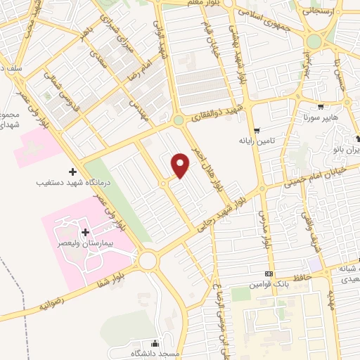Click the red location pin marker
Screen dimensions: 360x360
[x=181, y=165]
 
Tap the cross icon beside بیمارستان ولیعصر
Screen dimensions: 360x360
[x=85, y=232]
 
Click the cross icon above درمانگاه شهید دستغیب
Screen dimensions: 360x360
[x=73, y=172]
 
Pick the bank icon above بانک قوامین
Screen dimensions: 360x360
[x=269, y=274]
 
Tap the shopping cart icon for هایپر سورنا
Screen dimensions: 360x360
[x=321, y=108]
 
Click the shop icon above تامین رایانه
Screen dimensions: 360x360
[x=257, y=130]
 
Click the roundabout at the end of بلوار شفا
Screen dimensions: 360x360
[x=148, y=262]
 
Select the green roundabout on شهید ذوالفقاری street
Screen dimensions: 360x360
[x=179, y=120]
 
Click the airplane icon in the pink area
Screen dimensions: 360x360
[x=31, y=149]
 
